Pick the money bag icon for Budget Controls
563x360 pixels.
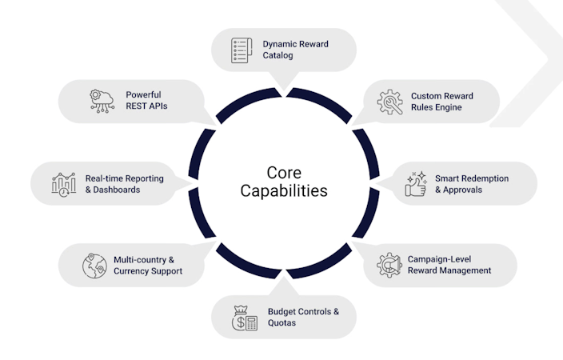click(244, 317)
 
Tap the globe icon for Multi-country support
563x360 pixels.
click(94, 265)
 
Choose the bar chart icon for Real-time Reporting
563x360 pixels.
click(63, 184)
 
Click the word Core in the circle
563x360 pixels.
click(284, 173)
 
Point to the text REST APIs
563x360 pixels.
click(146, 106)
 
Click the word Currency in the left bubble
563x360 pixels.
click(134, 271)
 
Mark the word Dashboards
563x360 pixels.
click(117, 190)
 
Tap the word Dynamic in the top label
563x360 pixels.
click(278, 43)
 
